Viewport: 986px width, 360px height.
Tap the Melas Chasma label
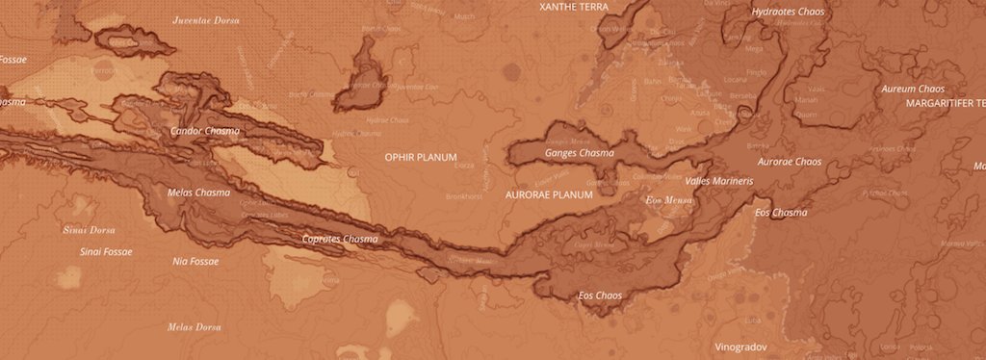coord(199,193)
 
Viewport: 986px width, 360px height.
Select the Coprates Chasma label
coord(340,239)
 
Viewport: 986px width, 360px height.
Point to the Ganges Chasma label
coord(580,153)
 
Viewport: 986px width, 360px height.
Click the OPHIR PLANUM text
coord(421,156)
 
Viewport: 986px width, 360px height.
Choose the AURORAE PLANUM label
coord(549,194)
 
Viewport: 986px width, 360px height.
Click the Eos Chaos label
coord(600,296)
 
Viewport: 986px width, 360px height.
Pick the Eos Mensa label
coord(667,200)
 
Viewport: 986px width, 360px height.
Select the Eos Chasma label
coord(781,213)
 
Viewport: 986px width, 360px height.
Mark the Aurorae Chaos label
coord(790,162)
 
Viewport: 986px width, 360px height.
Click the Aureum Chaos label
coord(912,89)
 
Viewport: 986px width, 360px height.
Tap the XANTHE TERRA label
coord(574,6)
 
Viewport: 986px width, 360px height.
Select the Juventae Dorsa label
coord(205,19)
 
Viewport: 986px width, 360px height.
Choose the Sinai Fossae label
coord(105,251)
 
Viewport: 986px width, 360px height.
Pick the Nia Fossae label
coord(195,261)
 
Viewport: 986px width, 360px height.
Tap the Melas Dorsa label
coord(195,327)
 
